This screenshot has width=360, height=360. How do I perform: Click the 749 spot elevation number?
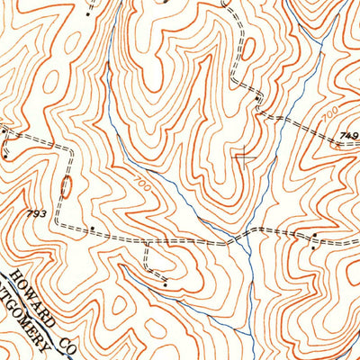point(348,136)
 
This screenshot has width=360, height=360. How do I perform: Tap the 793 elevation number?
point(36,214)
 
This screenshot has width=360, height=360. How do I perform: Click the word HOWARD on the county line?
point(34,289)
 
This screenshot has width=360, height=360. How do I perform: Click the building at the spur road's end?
point(166,284)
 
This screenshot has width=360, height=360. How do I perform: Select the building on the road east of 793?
point(91,229)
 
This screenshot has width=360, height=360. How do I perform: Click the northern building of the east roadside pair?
point(316,236)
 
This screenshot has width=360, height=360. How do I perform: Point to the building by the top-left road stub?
point(87,15)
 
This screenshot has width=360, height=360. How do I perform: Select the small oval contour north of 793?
point(65,187)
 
